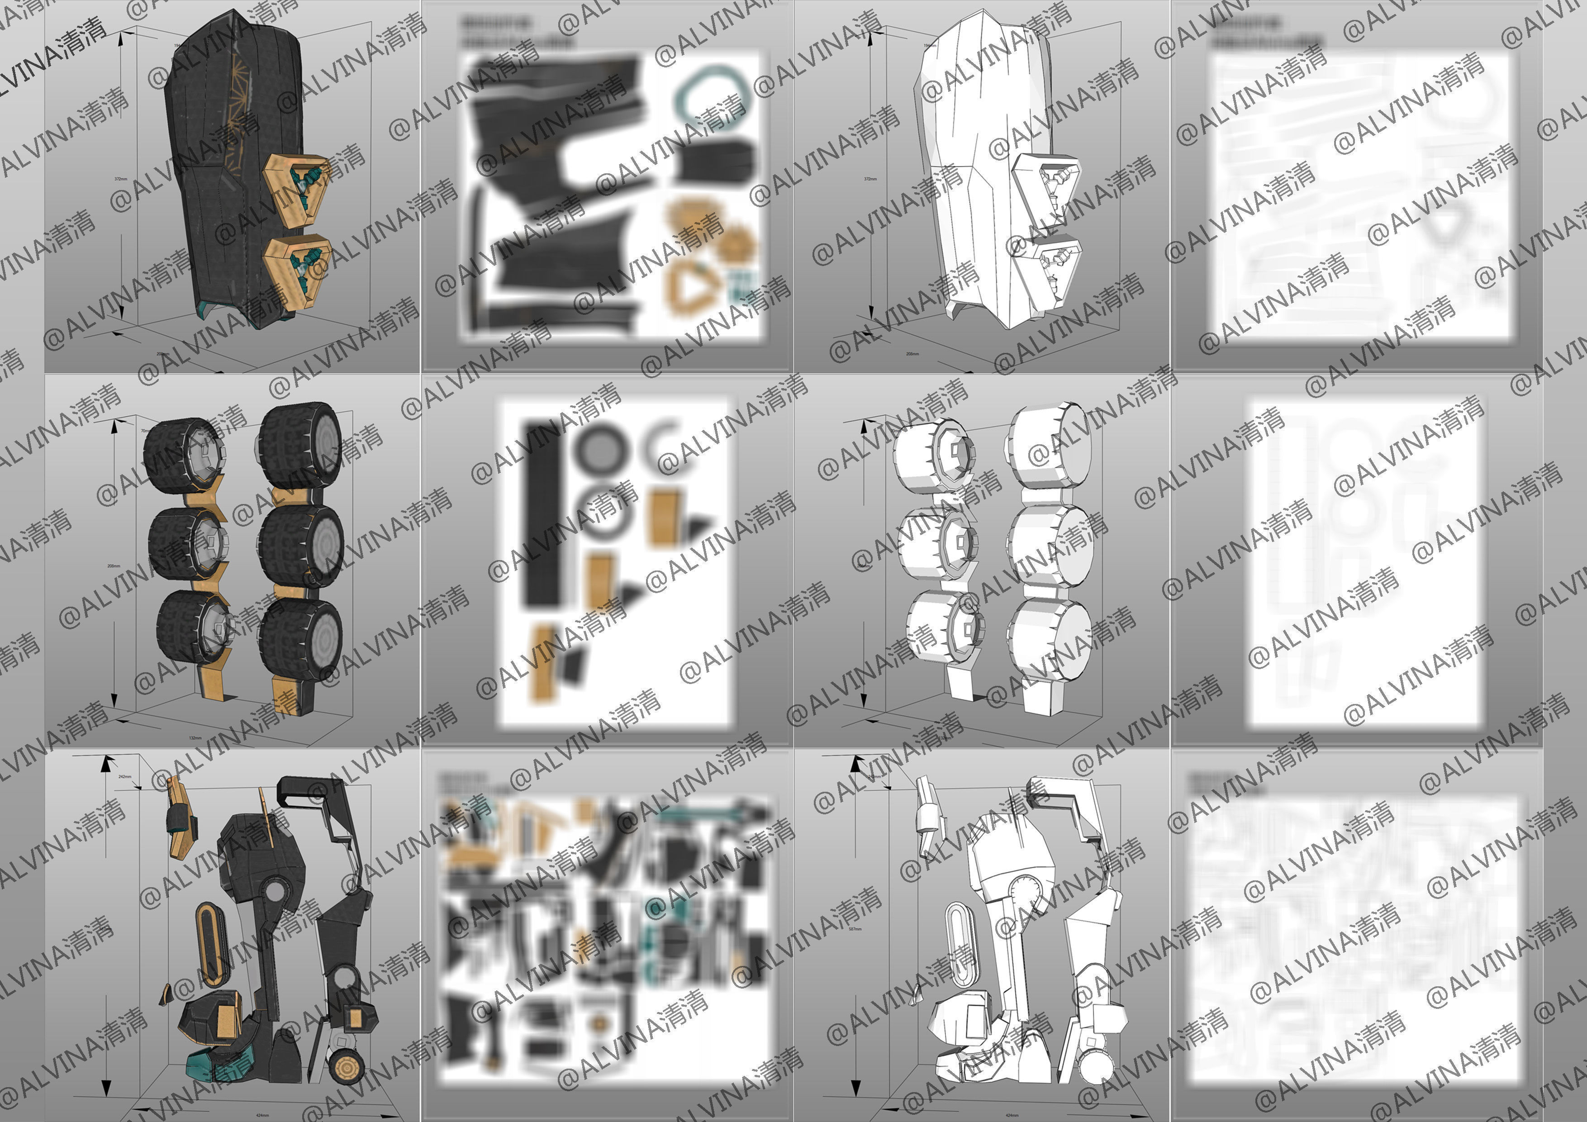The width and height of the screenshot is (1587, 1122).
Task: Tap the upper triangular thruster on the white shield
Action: pyautogui.click(x=1045, y=187)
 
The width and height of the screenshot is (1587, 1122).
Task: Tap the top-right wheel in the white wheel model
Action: pyautogui.click(x=1050, y=446)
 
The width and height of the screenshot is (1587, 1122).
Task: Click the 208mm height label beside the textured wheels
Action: pyautogui.click(x=114, y=566)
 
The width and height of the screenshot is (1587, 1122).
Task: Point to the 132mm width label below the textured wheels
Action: pyautogui.click(x=195, y=737)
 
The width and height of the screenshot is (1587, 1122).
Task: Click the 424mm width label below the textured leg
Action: pyautogui.click(x=263, y=1114)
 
